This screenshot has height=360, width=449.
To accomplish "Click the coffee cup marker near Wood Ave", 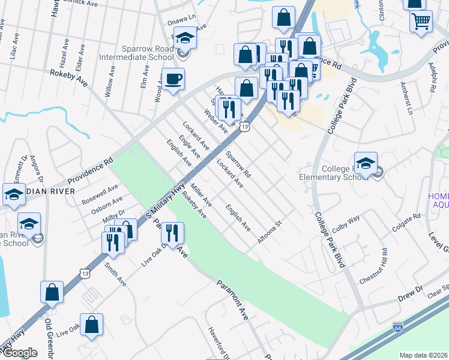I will (173, 79).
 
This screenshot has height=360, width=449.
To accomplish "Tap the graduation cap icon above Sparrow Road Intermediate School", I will (185, 38).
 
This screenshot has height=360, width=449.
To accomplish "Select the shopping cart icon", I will (421, 22).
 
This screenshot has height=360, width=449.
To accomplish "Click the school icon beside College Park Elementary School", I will (366, 163).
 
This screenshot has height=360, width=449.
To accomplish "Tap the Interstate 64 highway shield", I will (397, 328).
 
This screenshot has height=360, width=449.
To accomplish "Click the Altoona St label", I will (270, 232).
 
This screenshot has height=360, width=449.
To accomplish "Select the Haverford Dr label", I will (219, 341).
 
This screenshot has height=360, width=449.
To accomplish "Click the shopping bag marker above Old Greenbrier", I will (52, 292).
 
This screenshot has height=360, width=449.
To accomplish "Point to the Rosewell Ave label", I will (101, 193).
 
